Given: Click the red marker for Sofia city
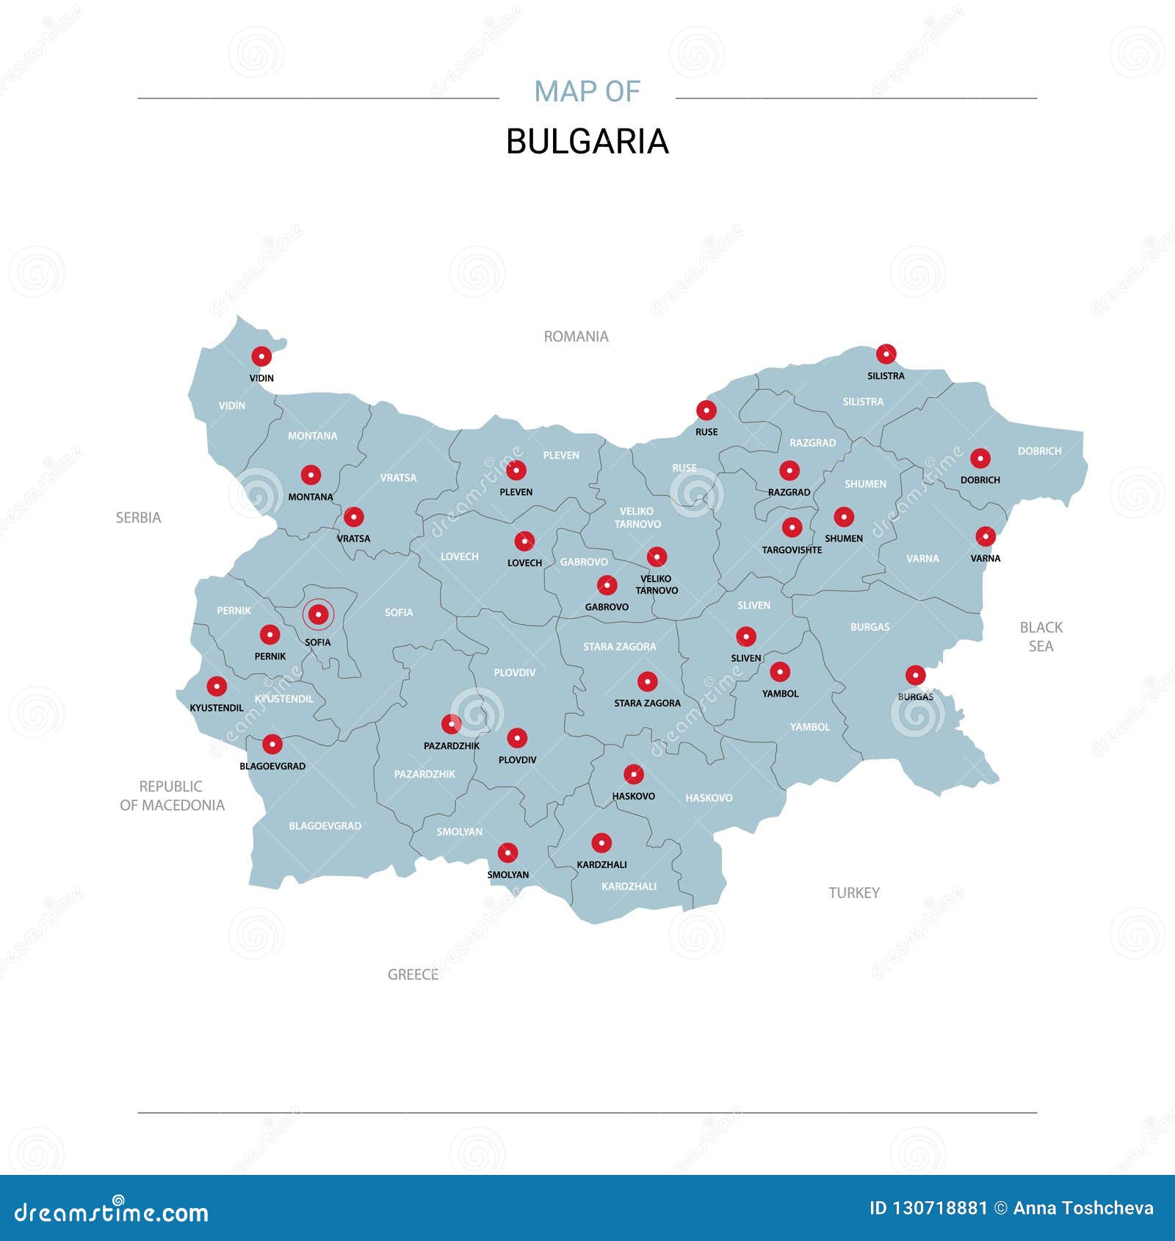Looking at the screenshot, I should [x=318, y=614].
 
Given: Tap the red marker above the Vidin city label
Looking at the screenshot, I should [x=261, y=357].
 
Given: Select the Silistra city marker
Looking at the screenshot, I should [x=886, y=354].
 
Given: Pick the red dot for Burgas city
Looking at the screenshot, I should [x=915, y=676].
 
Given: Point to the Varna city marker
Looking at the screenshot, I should [x=986, y=536].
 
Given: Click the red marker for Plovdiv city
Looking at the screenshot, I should [x=517, y=738].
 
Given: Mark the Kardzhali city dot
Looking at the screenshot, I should [x=601, y=843].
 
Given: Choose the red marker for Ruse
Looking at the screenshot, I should [x=706, y=410].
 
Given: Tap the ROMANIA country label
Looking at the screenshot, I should [x=576, y=336].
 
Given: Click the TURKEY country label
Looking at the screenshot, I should [x=854, y=893].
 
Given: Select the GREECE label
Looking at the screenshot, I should [x=413, y=974].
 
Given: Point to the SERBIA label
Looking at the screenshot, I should [x=138, y=518].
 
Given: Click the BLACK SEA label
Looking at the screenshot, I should [x=1041, y=637].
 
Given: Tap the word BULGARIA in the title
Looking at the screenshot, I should [x=587, y=142].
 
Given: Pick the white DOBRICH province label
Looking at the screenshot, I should [x=1039, y=451].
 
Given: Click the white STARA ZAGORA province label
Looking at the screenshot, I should [x=620, y=647].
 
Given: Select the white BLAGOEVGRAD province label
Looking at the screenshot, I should [x=325, y=826].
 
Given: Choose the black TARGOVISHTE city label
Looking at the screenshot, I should [x=792, y=550].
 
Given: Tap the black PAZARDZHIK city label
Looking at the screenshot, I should [x=452, y=746].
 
